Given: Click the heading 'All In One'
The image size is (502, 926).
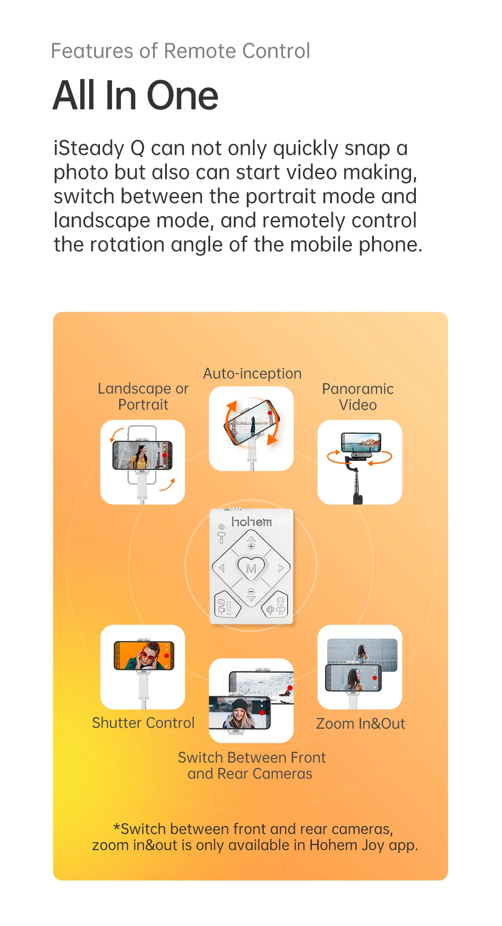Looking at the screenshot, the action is [135, 95].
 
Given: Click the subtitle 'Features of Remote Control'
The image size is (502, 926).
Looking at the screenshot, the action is [180, 51].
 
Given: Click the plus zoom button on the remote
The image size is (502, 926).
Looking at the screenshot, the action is [251, 546].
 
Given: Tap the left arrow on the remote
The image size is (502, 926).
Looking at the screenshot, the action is [221, 568].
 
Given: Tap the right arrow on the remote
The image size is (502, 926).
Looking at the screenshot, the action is [281, 568].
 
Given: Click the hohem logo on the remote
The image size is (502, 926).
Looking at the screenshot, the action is [251, 522].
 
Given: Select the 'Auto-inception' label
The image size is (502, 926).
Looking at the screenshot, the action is [252, 374].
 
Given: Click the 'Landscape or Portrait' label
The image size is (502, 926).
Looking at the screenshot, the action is [143, 397].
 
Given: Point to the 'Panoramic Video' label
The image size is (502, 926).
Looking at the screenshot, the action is [358, 397].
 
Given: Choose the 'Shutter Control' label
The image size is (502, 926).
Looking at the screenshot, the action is [143, 723].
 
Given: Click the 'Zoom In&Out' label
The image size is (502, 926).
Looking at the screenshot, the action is [361, 723].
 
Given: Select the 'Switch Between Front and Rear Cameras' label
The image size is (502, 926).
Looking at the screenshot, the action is [251, 765].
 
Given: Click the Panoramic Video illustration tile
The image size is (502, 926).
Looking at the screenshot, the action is [360, 462].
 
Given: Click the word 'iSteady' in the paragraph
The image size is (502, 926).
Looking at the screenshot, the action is [88, 148].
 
